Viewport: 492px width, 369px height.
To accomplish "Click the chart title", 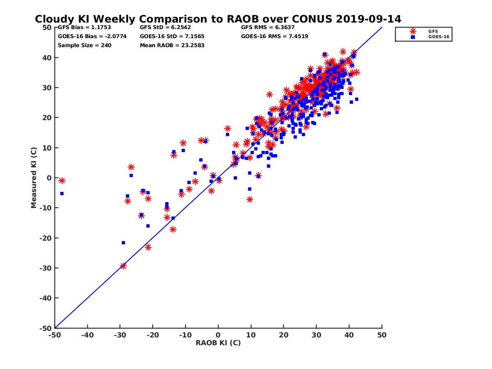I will click(218, 19).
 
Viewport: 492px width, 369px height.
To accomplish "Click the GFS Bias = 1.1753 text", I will click(84, 27).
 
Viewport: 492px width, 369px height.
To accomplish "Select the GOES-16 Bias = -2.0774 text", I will click(92, 36).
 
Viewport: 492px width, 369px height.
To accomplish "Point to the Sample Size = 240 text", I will click(84, 46).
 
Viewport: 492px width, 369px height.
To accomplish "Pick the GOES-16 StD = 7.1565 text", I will click(172, 36).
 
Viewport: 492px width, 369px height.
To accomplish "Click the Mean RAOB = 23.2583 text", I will click(172, 46).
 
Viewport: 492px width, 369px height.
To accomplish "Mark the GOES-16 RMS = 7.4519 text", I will click(275, 36).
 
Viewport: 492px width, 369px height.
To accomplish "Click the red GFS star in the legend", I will click(413, 31).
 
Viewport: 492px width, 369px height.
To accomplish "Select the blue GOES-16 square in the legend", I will click(413, 37).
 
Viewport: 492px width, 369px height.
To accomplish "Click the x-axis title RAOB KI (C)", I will click(218, 343).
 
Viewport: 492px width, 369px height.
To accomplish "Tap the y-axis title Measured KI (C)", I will click(34, 178).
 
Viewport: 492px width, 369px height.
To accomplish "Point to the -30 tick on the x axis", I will click(120, 335).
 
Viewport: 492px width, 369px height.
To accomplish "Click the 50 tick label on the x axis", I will click(382, 335).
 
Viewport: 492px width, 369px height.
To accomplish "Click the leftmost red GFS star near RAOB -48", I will click(62, 180).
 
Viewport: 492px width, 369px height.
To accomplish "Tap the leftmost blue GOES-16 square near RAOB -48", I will click(62, 194).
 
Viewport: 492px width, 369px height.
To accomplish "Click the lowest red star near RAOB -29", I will click(123, 266).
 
